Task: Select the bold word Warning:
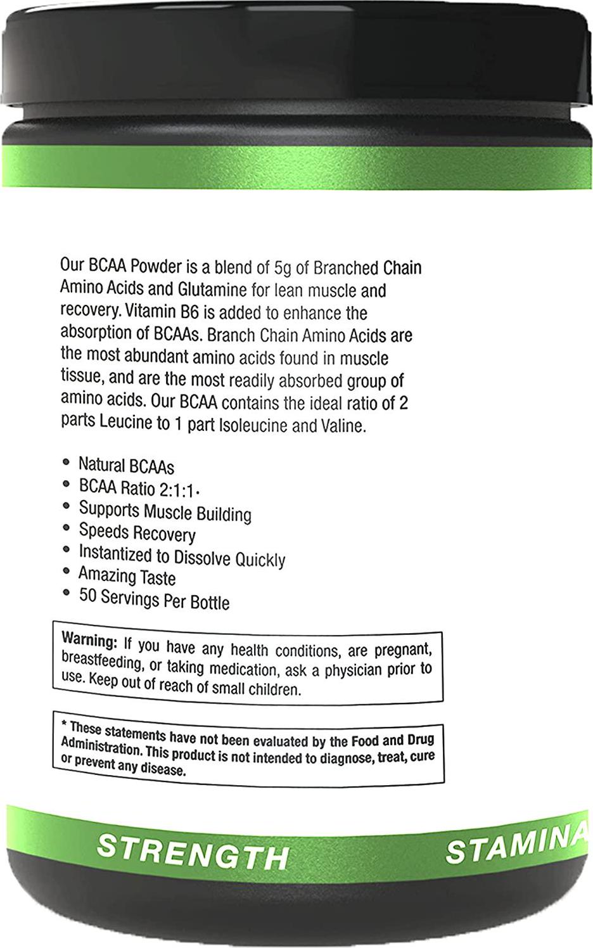tap(89, 640)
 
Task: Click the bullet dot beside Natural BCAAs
tap(66, 463)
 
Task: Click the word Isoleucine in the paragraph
tap(253, 425)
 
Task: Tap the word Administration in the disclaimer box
tap(101, 746)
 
